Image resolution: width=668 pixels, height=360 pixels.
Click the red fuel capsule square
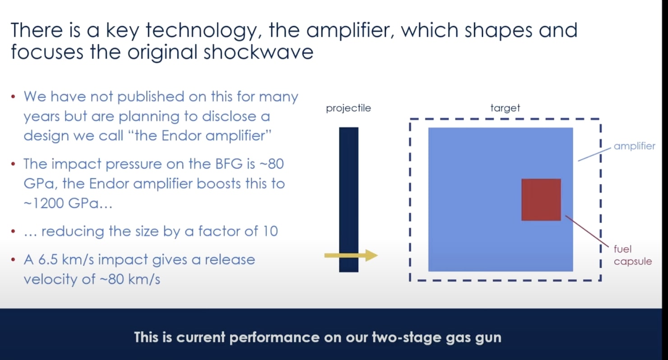tap(541, 200)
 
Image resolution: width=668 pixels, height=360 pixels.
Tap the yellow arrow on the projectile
tap(351, 255)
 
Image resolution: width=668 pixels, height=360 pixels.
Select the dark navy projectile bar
tap(348, 200)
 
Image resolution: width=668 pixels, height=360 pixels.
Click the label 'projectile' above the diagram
tap(348, 108)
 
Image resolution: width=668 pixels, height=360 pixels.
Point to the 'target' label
tap(505, 108)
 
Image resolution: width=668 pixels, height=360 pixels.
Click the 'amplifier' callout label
tap(634, 146)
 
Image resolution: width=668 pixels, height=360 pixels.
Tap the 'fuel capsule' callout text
tap(632, 255)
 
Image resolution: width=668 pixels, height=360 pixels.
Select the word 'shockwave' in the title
tap(258, 52)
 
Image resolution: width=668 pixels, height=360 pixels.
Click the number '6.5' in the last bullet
tap(48, 259)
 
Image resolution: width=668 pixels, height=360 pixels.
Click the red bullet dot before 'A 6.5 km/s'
tap(13, 259)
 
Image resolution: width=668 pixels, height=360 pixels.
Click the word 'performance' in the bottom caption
tap(274, 337)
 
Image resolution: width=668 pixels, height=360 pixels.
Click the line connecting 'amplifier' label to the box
tap(594, 155)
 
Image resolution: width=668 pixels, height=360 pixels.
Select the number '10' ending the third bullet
tap(270, 231)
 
